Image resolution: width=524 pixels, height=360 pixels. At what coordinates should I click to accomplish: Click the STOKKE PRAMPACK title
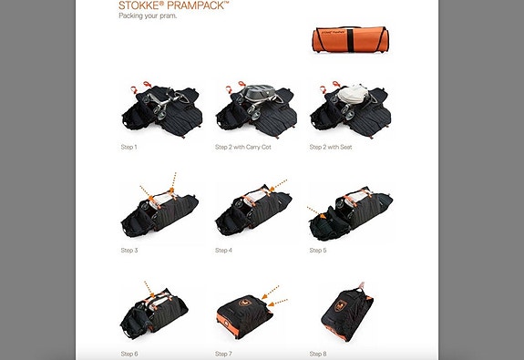pyautogui.click(x=173, y=5)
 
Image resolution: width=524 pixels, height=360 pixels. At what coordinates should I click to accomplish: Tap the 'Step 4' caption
pyautogui.click(x=226, y=250)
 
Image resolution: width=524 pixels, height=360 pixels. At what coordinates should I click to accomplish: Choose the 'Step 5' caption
pyautogui.click(x=318, y=250)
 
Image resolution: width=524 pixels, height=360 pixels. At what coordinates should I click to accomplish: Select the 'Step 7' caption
pyautogui.click(x=226, y=353)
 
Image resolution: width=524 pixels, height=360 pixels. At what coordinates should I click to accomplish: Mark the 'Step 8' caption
pyautogui.click(x=318, y=353)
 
